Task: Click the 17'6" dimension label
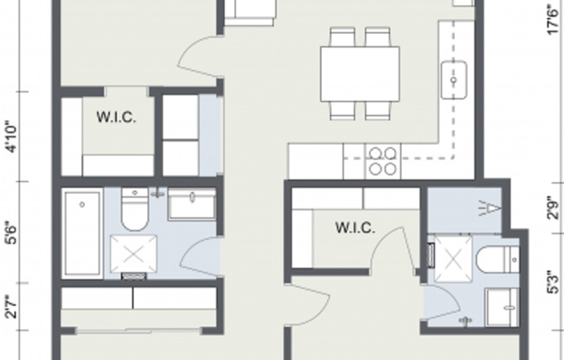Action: point(554,20)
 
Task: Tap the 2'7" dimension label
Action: point(11,307)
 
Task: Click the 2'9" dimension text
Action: point(554,208)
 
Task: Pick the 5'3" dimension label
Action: point(554,282)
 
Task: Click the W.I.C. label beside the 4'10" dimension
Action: point(116,117)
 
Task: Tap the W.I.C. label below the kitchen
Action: point(355,228)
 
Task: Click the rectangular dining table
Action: point(360,74)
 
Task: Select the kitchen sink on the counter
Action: point(454,80)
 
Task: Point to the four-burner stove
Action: point(382,161)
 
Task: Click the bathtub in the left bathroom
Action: point(82,234)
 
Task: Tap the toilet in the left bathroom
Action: point(135,209)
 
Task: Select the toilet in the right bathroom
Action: point(497,260)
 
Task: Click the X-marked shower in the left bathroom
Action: point(133,254)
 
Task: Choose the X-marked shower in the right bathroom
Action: point(453,259)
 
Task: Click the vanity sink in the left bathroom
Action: point(192,203)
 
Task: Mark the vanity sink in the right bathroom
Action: point(503,307)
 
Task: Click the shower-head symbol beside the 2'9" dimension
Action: point(490,209)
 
